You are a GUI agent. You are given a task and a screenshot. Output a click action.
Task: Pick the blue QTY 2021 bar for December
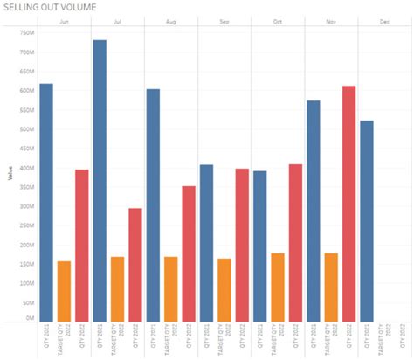click(x=367, y=219)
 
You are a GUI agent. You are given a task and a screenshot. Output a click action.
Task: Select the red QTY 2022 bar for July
click(x=135, y=263)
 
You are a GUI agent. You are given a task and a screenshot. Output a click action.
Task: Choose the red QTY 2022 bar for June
click(x=82, y=244)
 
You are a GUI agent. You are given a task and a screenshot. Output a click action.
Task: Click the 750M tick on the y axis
click(x=25, y=33)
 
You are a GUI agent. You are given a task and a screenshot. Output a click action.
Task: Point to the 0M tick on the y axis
click(x=28, y=318)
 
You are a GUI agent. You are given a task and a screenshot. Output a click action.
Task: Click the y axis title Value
click(x=10, y=175)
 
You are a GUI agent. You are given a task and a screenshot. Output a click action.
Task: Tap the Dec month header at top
click(x=384, y=21)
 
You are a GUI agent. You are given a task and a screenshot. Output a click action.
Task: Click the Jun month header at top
click(x=64, y=21)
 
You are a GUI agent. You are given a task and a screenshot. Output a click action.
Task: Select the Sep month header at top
click(x=224, y=21)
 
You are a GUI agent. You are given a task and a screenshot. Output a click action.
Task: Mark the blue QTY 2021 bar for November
click(x=314, y=210)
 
